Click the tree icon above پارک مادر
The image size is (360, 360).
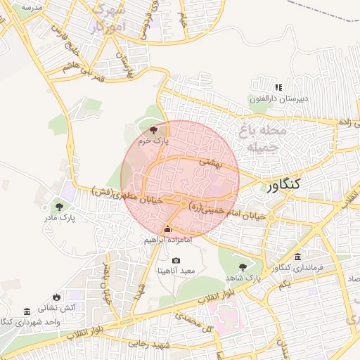point(58,207)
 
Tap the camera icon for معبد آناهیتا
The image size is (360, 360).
point(176,261)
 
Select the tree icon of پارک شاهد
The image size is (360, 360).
point(243,266)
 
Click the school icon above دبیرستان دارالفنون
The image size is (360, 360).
point(278,88)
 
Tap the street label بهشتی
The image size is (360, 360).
point(211,162)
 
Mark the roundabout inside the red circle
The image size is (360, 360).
point(184,204)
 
